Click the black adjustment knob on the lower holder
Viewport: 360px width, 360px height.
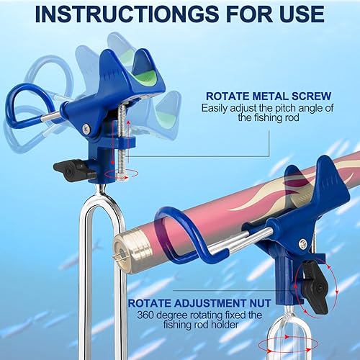click(315, 278)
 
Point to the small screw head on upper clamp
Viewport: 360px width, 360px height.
click(87, 128)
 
